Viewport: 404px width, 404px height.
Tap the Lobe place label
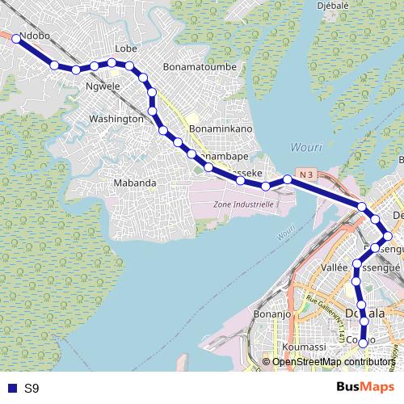tap(126, 48)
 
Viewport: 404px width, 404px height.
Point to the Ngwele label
tap(103, 85)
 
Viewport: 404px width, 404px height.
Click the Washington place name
tap(116, 119)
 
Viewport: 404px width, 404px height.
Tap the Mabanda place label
tap(134, 183)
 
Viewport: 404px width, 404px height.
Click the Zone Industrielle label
tap(243, 204)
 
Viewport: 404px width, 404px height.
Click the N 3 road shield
tap(305, 174)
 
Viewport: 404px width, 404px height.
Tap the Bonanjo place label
tap(271, 314)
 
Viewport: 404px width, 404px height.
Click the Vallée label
tap(335, 267)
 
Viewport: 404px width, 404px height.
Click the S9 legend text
tap(32, 389)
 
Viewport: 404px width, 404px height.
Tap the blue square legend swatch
tap(11, 389)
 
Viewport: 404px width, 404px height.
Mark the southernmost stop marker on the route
tap(364, 343)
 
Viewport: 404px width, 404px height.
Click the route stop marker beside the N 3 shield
tap(287, 179)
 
